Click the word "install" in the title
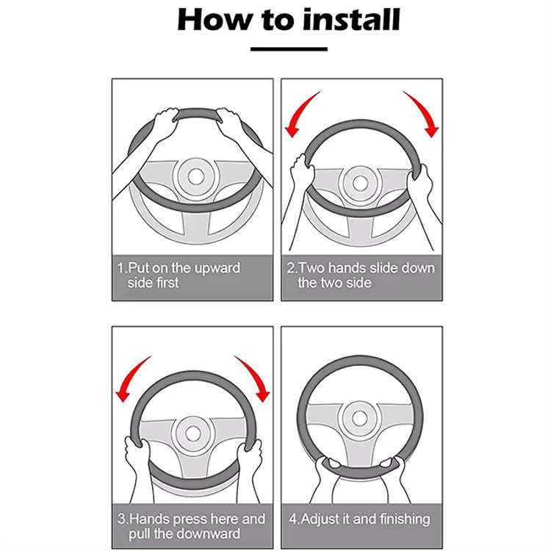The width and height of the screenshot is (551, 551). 351,19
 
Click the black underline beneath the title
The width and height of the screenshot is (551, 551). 289,49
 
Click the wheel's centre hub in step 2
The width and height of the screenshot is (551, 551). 359,183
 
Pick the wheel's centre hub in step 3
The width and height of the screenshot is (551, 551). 192,433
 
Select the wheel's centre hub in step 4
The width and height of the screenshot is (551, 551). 359,418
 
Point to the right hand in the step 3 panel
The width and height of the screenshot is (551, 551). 250,457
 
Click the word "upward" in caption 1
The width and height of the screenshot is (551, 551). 217,268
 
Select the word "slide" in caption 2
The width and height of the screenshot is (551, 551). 383,268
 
